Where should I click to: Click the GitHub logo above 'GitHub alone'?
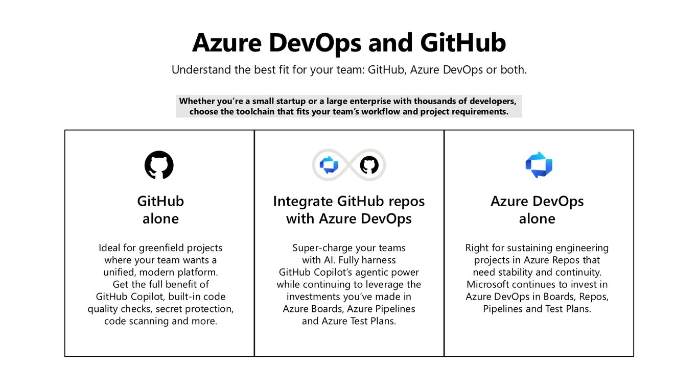point(159,165)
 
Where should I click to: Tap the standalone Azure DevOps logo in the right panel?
point(539,165)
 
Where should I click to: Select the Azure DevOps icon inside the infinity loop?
point(329,165)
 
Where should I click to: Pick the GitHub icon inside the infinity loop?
point(369,165)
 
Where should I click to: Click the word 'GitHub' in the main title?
point(463,43)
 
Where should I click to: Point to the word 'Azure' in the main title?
point(227,43)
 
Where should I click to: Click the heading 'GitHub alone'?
point(160,210)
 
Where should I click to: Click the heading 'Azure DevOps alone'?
point(537,210)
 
